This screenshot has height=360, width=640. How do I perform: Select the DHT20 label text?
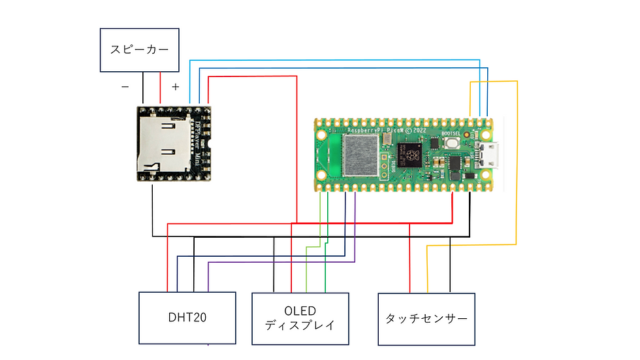pos(187,318)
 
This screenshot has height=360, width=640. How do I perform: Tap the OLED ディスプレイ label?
pos(300,318)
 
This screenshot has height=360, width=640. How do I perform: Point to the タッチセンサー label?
pos(426,319)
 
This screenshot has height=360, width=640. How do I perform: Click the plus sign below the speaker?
pos(175,86)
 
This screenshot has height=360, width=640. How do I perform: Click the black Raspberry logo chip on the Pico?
pos(411,155)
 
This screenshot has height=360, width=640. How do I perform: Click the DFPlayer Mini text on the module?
pos(199,144)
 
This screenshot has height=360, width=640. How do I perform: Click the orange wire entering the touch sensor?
pos(428,274)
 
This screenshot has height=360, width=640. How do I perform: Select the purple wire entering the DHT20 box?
pos(208,278)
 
